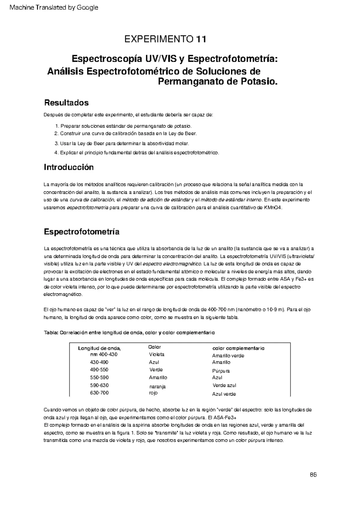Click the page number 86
313,475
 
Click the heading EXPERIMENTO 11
165,39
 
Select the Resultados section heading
66,103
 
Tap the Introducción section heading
69,167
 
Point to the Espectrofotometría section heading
82,232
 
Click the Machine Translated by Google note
54,7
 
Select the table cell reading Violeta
157,355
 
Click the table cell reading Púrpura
221,371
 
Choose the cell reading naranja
157,387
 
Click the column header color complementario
238,348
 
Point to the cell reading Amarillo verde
228,356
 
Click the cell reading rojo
153,393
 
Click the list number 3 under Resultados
56,144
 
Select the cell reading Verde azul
224,385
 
